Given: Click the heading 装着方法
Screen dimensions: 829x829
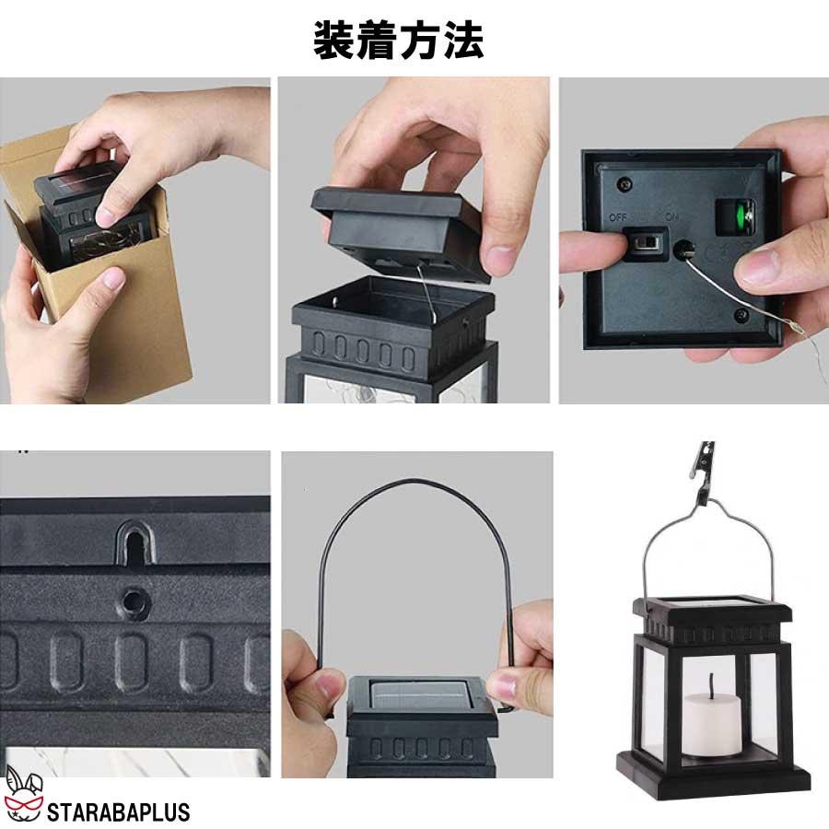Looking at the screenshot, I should (x=398, y=40).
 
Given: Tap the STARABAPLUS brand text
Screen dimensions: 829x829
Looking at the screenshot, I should (x=117, y=811).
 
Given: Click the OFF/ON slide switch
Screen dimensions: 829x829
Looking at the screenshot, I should (x=648, y=243).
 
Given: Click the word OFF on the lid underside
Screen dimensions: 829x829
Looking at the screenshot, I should (x=617, y=217).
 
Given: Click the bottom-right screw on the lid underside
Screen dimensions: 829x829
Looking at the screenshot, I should (x=741, y=315).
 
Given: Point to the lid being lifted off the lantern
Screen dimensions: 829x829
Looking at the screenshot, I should (x=401, y=230).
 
